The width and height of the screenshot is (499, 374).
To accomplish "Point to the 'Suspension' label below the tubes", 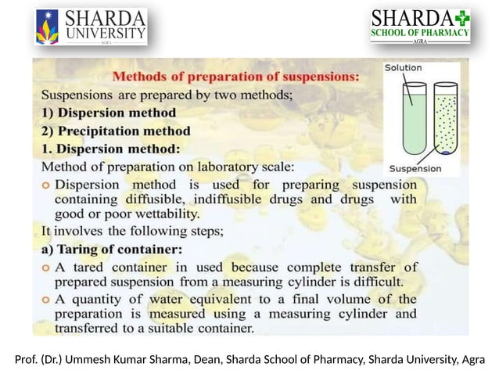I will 415,168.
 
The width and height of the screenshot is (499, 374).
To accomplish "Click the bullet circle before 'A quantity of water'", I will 46,300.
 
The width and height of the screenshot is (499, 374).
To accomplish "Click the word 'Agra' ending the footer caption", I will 472,359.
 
